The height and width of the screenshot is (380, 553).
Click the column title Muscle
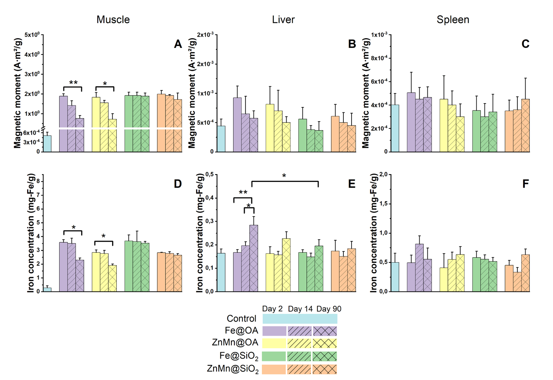pos(113,19)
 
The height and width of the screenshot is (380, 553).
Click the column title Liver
pos(283,19)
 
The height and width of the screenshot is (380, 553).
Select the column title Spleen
pos(453,20)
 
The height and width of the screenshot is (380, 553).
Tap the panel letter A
pos(178,44)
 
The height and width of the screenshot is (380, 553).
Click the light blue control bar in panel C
pos(395,128)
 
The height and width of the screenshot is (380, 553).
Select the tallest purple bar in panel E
pos(254,258)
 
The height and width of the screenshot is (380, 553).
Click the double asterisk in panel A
pos(73,82)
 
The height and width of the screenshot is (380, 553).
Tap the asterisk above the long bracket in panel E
pos(284,176)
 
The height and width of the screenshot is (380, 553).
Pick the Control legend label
pos(241,319)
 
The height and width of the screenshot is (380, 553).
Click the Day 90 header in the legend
pos(329,309)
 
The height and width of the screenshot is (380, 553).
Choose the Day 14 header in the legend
pos(300,309)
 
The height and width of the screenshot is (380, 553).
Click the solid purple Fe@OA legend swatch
pos(274,331)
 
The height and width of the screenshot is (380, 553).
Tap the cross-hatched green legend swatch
pos(324,356)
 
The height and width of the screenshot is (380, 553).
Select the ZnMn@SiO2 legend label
pos(233,369)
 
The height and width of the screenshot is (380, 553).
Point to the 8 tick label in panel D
pos(38,182)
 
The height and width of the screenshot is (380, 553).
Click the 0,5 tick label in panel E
pos(210,175)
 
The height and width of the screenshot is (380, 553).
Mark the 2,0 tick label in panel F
pos(384,175)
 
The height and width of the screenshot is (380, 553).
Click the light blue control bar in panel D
pos(48,290)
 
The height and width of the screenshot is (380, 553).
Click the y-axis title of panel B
pos(192,93)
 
